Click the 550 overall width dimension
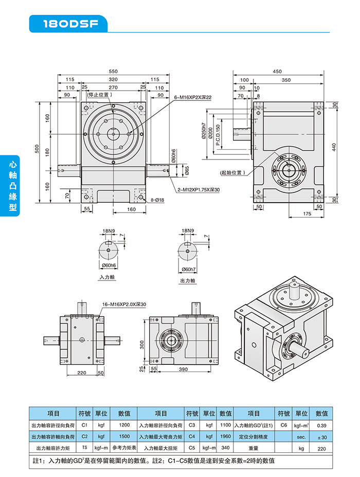pos(113,72)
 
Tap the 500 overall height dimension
pos(37,149)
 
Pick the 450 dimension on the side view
pos(277,72)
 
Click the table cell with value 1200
pos(124,426)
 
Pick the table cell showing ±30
pos(321,437)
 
